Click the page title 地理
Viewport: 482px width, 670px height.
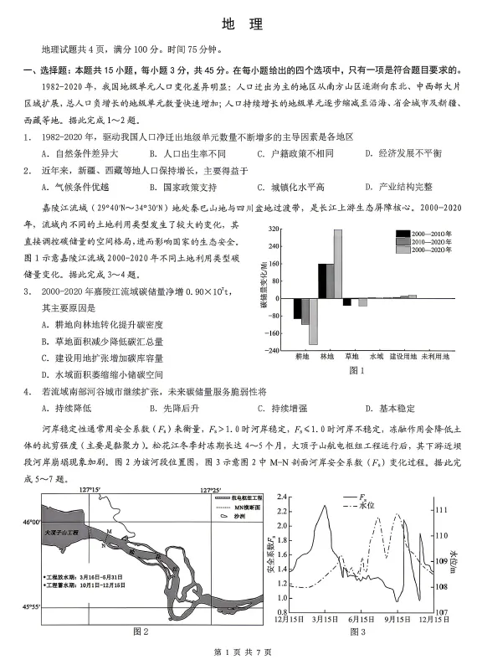point(241,24)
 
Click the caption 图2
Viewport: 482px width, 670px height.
point(140,631)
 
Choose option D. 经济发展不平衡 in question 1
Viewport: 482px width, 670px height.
point(403,153)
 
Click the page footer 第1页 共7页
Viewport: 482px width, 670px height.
point(241,652)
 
